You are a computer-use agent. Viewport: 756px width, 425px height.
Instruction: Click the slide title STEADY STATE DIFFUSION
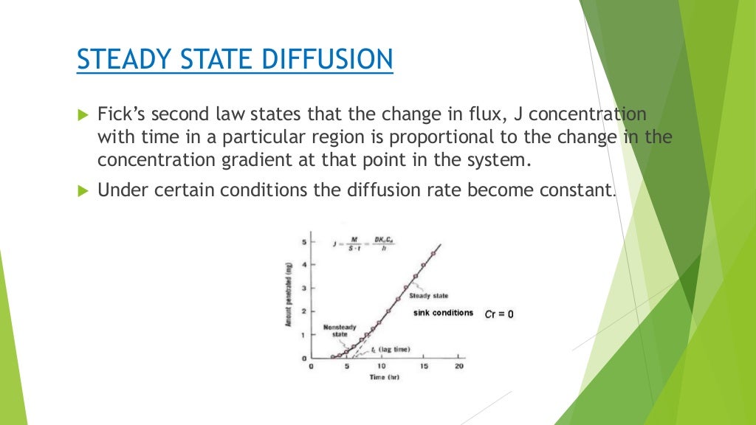234,59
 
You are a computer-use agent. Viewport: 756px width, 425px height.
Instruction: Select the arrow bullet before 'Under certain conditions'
82,190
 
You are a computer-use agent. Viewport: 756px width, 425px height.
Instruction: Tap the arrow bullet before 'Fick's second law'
82,115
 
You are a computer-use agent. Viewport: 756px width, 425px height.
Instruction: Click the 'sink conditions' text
443,313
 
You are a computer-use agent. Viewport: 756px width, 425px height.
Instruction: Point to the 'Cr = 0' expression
499,314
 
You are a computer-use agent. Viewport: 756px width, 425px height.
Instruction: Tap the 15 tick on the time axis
423,366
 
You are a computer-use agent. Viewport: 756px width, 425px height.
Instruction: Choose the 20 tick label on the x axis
458,366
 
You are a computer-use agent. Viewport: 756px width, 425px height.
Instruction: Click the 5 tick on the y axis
303,242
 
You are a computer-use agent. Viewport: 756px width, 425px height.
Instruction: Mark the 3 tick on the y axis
303,288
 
